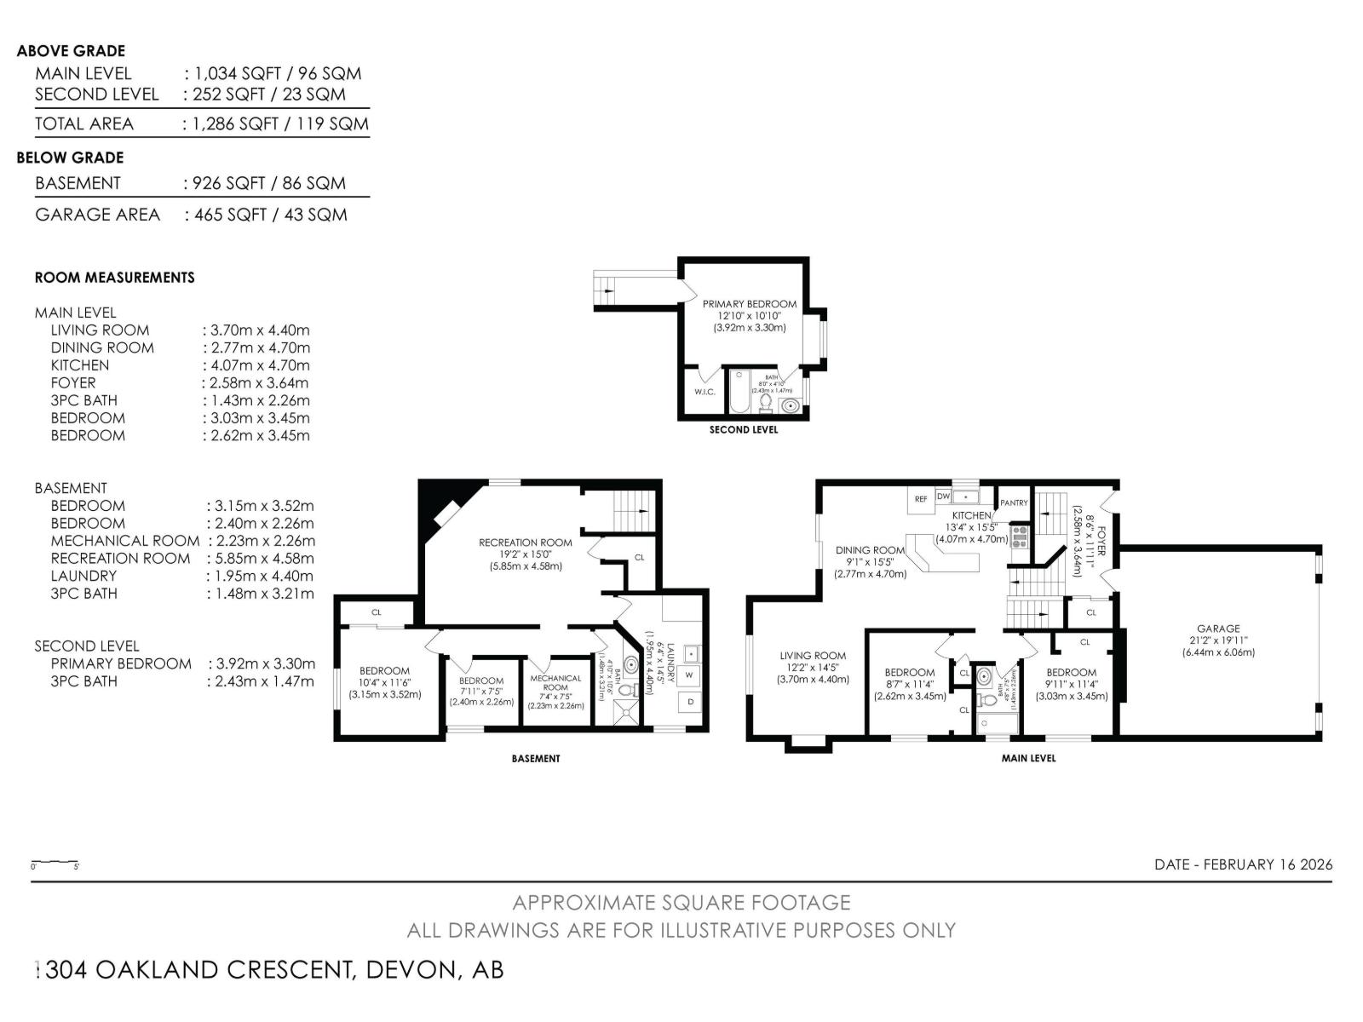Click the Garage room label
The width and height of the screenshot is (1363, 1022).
pyautogui.click(x=1217, y=629)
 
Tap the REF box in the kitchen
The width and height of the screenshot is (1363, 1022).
pyautogui.click(x=921, y=499)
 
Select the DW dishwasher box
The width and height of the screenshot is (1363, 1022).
pyautogui.click(x=944, y=496)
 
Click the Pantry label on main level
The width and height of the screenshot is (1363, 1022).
pyautogui.click(x=1014, y=502)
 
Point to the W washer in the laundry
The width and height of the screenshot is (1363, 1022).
pyautogui.click(x=689, y=675)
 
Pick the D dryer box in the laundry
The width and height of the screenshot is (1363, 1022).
pyautogui.click(x=690, y=702)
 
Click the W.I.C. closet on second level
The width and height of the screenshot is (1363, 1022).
pyautogui.click(x=704, y=392)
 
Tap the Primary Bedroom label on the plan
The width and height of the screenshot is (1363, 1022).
pyautogui.click(x=749, y=304)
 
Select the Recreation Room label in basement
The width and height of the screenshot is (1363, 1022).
pyautogui.click(x=525, y=543)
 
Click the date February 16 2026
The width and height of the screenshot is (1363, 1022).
pyautogui.click(x=1243, y=864)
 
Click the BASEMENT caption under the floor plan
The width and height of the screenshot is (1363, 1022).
pyautogui.click(x=536, y=758)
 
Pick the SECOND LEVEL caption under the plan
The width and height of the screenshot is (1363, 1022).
pyautogui.click(x=743, y=430)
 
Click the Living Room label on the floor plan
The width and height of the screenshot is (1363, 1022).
pyautogui.click(x=813, y=656)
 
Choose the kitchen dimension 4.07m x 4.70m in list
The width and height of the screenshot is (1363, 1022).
pyautogui.click(x=256, y=365)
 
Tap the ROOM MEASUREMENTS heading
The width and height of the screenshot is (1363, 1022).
pyautogui.click(x=114, y=278)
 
